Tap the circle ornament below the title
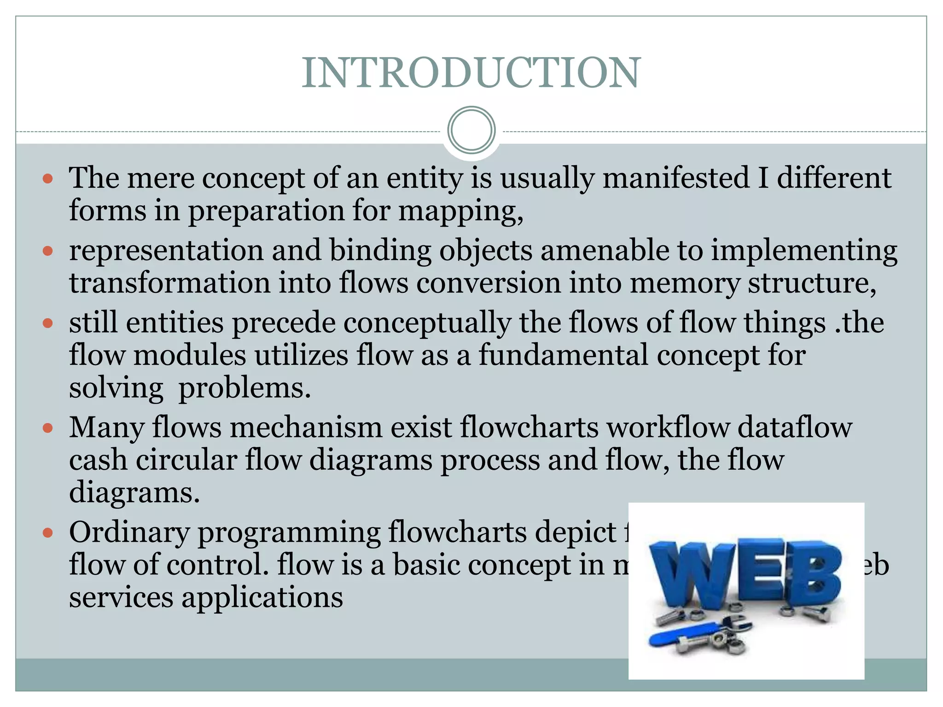[x=471, y=130]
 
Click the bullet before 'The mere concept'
[x=48, y=178]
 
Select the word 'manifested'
[x=676, y=178]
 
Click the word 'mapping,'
[x=461, y=211]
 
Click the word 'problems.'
[x=244, y=388]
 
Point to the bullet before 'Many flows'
[x=48, y=429]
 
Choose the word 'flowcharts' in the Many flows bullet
[x=529, y=428]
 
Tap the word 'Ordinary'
[x=129, y=533]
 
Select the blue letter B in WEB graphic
[x=815, y=571]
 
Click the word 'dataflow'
[x=795, y=428]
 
